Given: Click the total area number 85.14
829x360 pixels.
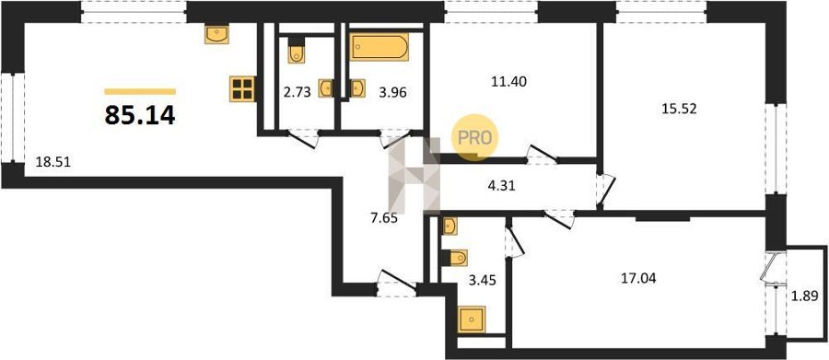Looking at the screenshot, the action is tap(140, 115).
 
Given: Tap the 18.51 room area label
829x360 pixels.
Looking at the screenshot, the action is tap(53, 162).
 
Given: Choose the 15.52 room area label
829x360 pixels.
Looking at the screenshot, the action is tap(680, 109).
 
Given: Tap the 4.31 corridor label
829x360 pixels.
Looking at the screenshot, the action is tap(501, 186).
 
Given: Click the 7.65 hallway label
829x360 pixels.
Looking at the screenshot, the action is tap(384, 217).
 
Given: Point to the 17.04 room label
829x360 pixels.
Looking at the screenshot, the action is tap(638, 278).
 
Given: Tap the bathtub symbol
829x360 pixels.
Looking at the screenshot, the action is tap(379, 48).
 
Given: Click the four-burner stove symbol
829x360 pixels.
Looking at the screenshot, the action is tap(242, 88).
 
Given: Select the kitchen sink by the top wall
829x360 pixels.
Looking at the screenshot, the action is tap(216, 34).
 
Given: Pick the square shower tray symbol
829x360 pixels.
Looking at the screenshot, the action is tap(472, 319).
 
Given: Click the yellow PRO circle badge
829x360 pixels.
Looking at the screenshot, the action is tap(474, 137).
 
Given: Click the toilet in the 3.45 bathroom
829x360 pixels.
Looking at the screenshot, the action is tap(455, 258).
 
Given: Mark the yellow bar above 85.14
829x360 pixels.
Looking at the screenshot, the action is tap(140, 91).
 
